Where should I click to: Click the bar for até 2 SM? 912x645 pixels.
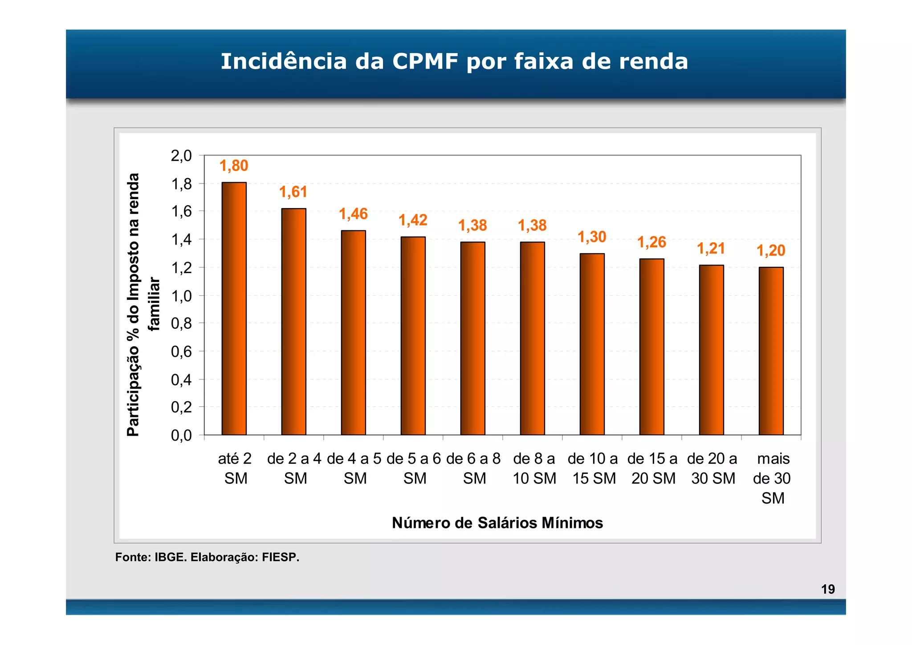(x=234, y=308)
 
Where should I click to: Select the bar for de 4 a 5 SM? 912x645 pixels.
(x=353, y=332)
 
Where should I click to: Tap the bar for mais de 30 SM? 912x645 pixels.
(x=771, y=351)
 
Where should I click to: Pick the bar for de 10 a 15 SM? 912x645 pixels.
(x=592, y=344)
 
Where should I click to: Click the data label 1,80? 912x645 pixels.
(x=234, y=166)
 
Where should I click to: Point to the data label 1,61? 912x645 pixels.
(x=293, y=192)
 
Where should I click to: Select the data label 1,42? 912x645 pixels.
(x=413, y=220)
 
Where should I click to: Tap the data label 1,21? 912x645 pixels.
(x=711, y=249)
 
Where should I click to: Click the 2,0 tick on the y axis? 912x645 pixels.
(x=181, y=156)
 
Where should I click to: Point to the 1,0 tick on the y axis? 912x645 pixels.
(x=181, y=296)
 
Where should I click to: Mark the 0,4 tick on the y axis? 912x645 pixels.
(x=181, y=380)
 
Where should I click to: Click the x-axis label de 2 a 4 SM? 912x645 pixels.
(x=294, y=468)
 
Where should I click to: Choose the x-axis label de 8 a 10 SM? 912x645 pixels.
(x=534, y=468)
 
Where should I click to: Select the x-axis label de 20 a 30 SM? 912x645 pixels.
(x=712, y=468)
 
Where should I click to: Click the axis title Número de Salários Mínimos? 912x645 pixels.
(x=497, y=523)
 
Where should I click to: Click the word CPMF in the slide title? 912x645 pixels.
(x=425, y=61)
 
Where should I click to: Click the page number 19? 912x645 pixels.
(x=828, y=589)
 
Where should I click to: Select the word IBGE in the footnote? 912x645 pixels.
(x=170, y=557)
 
